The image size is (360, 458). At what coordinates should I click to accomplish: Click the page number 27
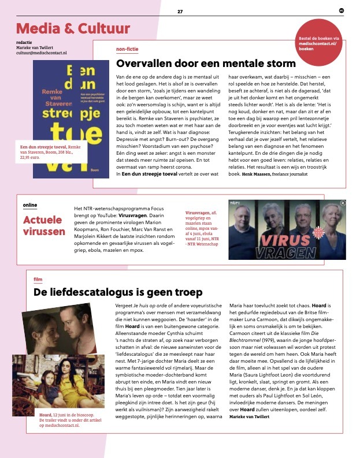pos(180,11)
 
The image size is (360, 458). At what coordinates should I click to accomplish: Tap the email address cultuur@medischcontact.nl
pos(42,53)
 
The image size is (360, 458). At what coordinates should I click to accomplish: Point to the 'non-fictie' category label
pos(127,49)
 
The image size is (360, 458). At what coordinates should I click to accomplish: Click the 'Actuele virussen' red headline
pos(44,226)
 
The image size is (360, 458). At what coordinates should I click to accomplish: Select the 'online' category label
pos(30,205)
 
